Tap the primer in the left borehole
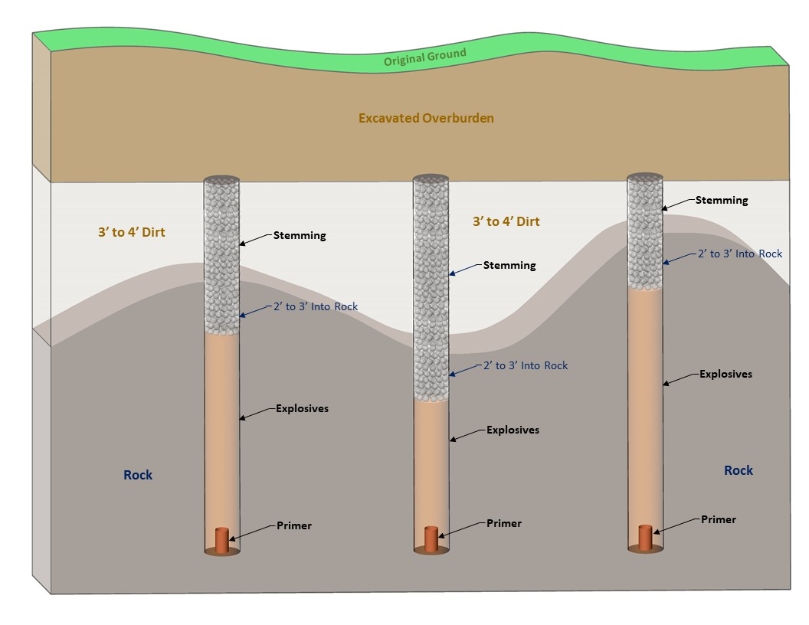222,539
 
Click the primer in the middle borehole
431,538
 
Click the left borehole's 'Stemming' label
300,235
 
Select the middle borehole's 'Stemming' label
509,266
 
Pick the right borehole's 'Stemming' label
722,201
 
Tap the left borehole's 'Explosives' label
302,409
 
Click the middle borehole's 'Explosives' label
513,430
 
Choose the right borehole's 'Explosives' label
725,375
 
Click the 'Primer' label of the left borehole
294,526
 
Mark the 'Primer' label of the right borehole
719,519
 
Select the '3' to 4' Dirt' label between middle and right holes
506,222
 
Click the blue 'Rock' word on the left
138,475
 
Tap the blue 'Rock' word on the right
739,470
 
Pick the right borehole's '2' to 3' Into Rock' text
740,254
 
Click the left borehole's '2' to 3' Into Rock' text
315,306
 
